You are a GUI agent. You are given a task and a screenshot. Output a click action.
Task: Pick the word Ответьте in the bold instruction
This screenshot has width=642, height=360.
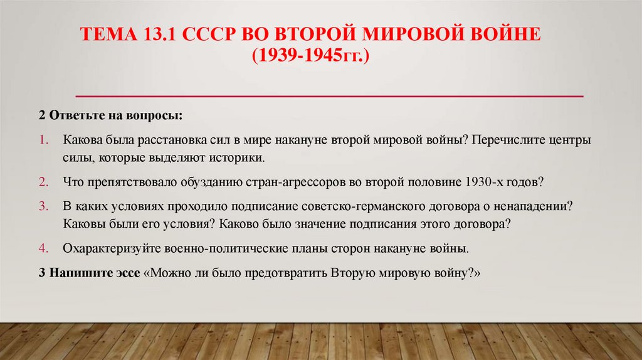pos(73,117)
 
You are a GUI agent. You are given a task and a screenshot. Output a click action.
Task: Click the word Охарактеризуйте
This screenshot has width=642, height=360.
pos(112,248)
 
